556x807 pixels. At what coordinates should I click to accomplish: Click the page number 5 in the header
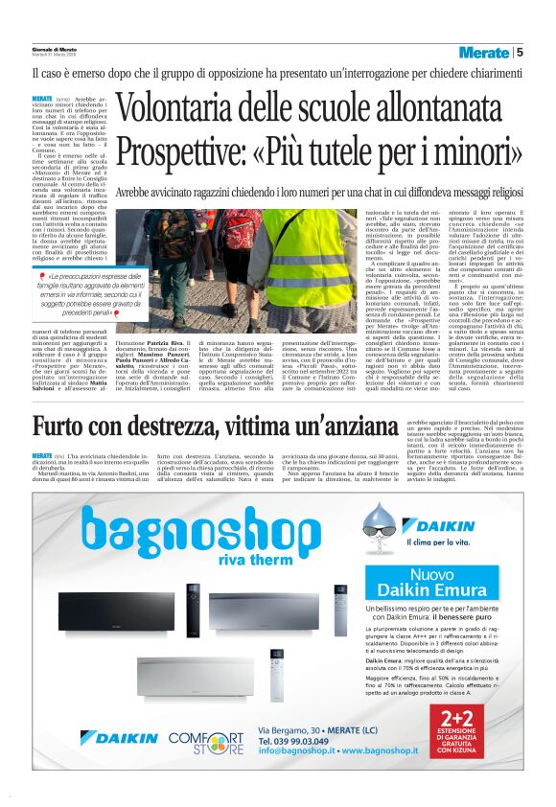[520, 53]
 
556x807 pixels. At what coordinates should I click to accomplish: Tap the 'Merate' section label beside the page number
[483, 53]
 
